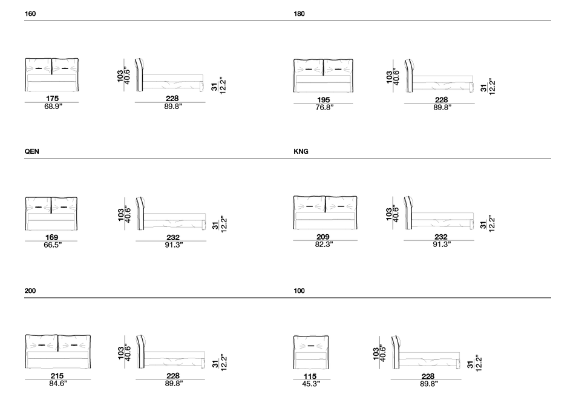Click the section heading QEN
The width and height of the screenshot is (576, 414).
tap(31, 151)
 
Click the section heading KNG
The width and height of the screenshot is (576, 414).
tap(301, 151)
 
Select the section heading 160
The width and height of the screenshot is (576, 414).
tap(30, 13)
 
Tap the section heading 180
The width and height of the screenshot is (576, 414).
tap(299, 13)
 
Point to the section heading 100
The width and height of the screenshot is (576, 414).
tap(299, 291)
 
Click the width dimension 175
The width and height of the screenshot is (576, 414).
tap(52, 99)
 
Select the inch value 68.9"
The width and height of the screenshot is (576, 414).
tap(53, 107)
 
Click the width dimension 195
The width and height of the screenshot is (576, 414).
tap(323, 99)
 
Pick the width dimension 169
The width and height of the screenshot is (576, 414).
tap(51, 237)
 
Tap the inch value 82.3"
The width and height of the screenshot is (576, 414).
tap(324, 245)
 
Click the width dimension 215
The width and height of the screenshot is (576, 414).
tap(57, 376)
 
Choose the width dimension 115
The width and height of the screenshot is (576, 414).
tap(310, 376)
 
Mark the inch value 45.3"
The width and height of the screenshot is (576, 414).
tap(311, 384)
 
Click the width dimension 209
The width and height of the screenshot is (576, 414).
tap(323, 237)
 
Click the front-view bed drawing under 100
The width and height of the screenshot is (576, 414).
tap(311, 352)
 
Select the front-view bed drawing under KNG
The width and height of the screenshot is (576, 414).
tap(325, 212)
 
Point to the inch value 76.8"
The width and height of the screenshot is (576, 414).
tap(324, 107)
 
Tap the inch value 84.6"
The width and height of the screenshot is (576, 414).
tap(58, 384)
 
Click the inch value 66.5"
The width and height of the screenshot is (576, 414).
tap(53, 245)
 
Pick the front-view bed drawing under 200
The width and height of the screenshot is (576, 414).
tap(57, 351)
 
